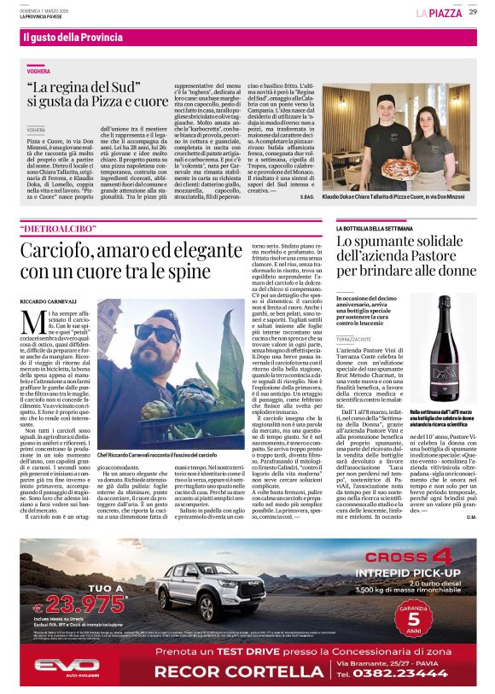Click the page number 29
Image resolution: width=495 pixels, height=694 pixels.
pyautogui.click(x=472, y=12)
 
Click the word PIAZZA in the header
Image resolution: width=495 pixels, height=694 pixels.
pyautogui.click(x=445, y=13)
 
